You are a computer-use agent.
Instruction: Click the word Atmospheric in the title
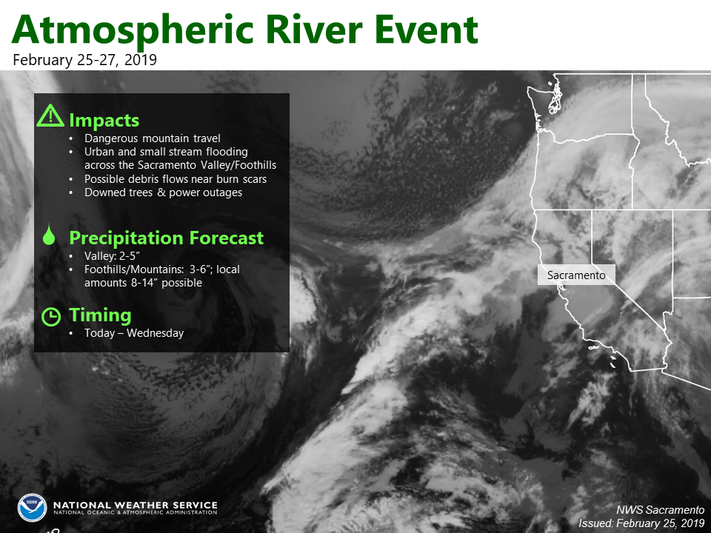click(133, 30)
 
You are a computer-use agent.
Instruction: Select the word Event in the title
click(427, 30)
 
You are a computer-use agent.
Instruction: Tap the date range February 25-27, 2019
click(84, 60)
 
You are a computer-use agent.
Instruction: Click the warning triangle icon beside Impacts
click(50, 115)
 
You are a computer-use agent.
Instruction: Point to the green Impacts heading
click(104, 120)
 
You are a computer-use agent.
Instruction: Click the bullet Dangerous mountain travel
click(153, 138)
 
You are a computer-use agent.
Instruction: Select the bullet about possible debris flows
click(176, 179)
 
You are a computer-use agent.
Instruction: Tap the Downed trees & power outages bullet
click(163, 192)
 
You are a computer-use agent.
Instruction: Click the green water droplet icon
click(49, 234)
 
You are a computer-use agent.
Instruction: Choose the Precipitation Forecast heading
click(167, 238)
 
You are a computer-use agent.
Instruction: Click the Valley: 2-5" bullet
click(112, 256)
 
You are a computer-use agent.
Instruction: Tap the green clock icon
click(51, 316)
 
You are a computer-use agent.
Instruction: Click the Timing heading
click(100, 315)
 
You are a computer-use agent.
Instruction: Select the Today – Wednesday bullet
click(134, 333)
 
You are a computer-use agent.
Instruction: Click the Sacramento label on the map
click(576, 275)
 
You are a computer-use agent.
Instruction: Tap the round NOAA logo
click(32, 508)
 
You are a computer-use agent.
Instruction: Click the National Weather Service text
click(135, 505)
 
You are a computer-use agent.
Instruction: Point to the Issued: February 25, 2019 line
click(641, 523)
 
